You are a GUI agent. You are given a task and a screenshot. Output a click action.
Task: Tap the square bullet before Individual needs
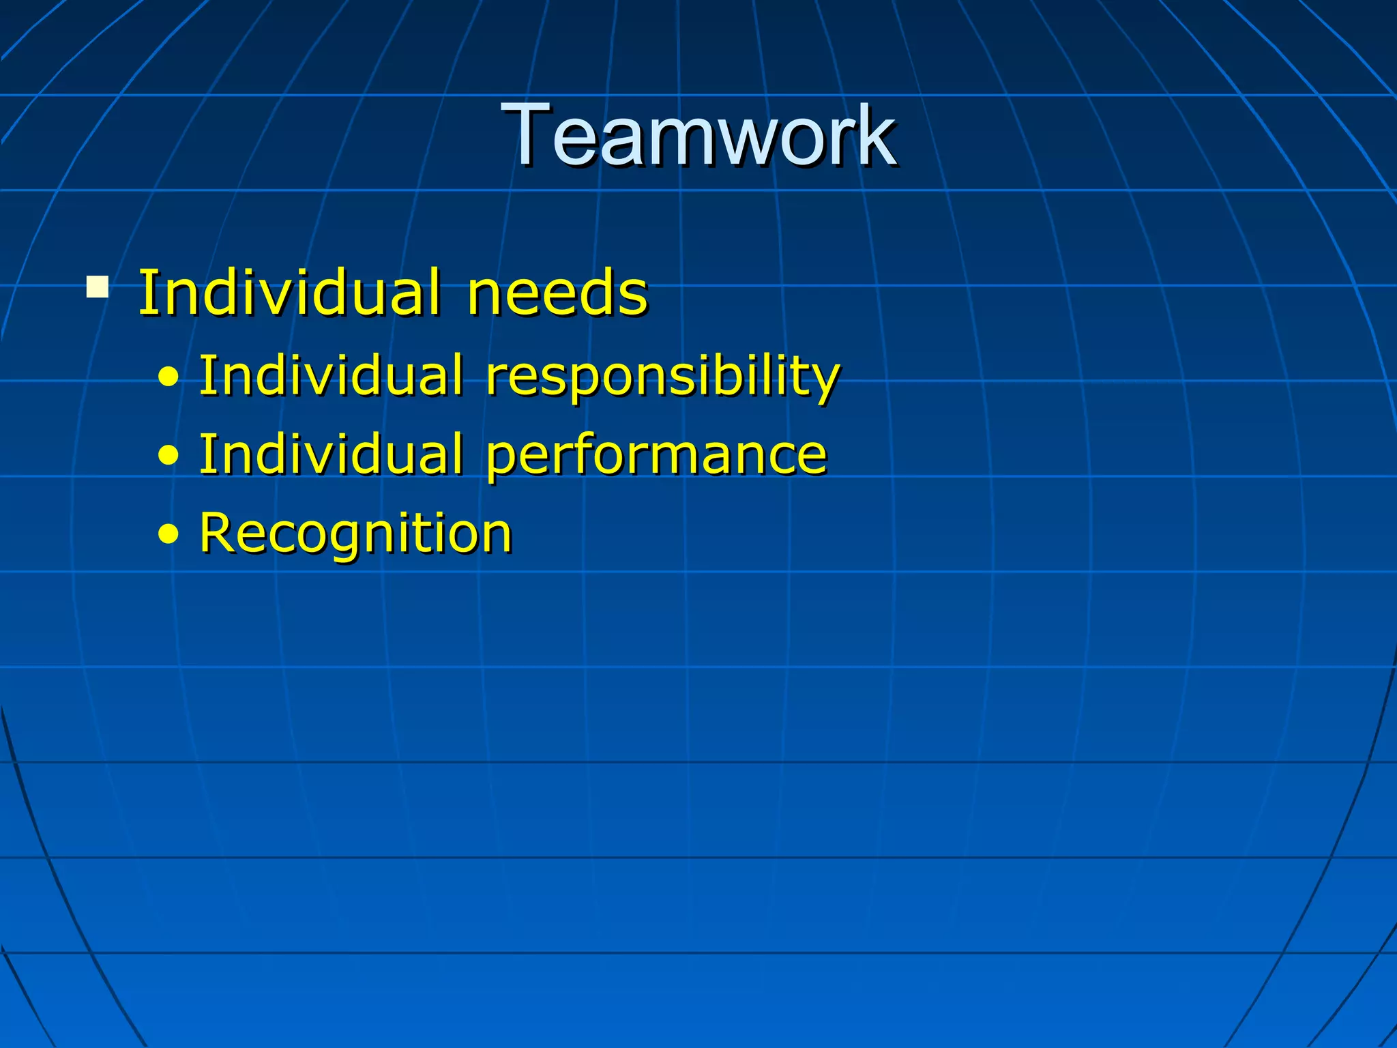coord(98,287)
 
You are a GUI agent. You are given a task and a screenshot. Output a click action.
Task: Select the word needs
coord(557,293)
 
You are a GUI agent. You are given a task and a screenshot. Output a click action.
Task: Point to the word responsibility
coord(662,377)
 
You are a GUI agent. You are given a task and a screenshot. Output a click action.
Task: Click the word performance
coord(656,455)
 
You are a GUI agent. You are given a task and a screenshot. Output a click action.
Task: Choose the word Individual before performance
coord(330,454)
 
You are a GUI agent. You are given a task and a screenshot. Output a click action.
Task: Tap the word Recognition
coord(355,534)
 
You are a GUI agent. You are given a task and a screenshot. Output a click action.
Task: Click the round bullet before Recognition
coord(168,534)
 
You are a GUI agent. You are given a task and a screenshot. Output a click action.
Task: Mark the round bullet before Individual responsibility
coord(168,377)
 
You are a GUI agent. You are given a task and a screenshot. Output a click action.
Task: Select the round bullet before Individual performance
coord(168,456)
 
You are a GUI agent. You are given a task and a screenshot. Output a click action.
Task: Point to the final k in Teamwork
coord(877,134)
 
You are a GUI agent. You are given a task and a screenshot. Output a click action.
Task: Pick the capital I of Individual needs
coord(145,293)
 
